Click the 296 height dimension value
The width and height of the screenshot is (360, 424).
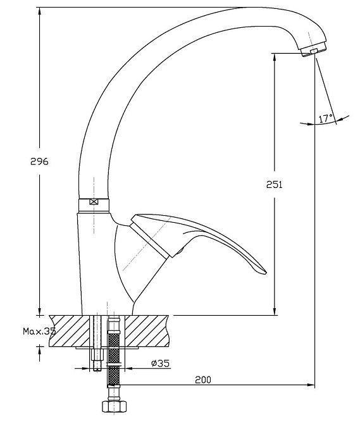click(39, 161)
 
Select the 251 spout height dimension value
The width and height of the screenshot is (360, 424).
click(275, 184)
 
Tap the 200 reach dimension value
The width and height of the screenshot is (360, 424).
click(203, 380)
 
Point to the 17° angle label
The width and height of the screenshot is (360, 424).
click(326, 118)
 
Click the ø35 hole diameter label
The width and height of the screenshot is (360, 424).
click(161, 363)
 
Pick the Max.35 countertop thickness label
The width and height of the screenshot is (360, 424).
click(39, 331)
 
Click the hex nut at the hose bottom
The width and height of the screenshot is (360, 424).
click(114, 406)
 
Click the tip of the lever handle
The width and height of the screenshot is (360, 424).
click(265, 273)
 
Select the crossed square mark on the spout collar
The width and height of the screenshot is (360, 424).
click(94, 201)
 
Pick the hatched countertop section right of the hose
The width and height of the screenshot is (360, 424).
click(147, 331)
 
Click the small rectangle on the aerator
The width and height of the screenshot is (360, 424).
click(314, 51)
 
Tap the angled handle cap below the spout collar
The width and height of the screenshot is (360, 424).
click(150, 236)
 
